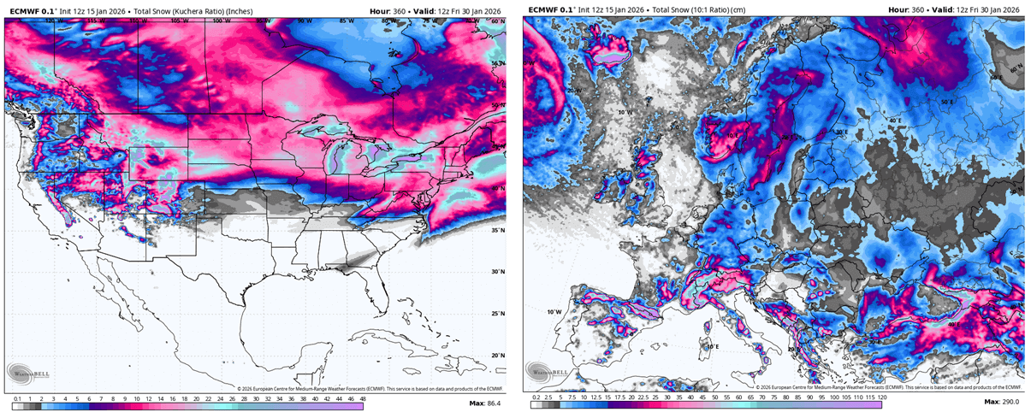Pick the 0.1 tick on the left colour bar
pos(17,398)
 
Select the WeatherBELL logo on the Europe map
pos(548,372)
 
